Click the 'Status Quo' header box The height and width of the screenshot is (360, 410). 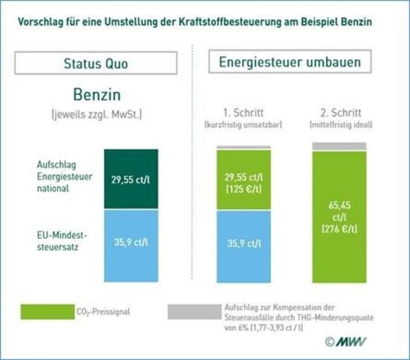coord(95,63)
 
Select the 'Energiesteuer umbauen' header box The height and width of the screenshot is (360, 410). coord(290,62)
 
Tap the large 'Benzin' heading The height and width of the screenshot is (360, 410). coord(97,95)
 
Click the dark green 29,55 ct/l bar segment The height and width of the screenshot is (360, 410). coord(131,179)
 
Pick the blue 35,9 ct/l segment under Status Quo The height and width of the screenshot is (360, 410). coord(131,245)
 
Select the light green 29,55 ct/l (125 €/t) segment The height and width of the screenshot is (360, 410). coord(243,180)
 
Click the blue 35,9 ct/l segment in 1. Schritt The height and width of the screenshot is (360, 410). coord(243,246)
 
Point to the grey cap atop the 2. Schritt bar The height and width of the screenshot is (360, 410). coord(339,146)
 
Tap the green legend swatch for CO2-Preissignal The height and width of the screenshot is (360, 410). coord(47,311)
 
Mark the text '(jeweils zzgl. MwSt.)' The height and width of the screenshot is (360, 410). coord(97,115)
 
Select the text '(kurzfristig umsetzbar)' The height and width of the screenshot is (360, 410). coord(243,126)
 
